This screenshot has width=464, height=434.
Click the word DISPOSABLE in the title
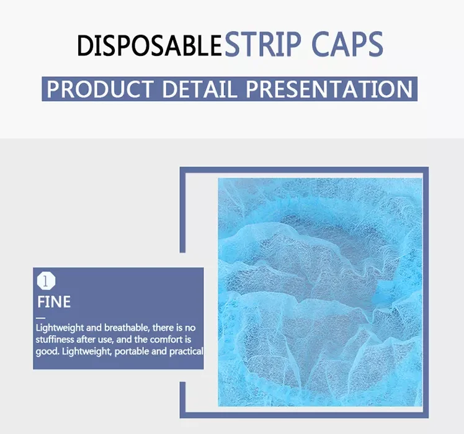click(149, 45)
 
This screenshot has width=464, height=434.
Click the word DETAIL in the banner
click(199, 89)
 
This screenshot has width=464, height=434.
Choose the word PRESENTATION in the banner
click(329, 89)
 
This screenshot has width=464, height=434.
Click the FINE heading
click(54, 302)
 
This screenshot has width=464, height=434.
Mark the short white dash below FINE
click(41, 317)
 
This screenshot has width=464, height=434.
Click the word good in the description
click(47, 351)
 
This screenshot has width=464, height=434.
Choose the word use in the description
click(119, 340)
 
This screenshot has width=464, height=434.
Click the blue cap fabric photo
click(319, 292)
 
